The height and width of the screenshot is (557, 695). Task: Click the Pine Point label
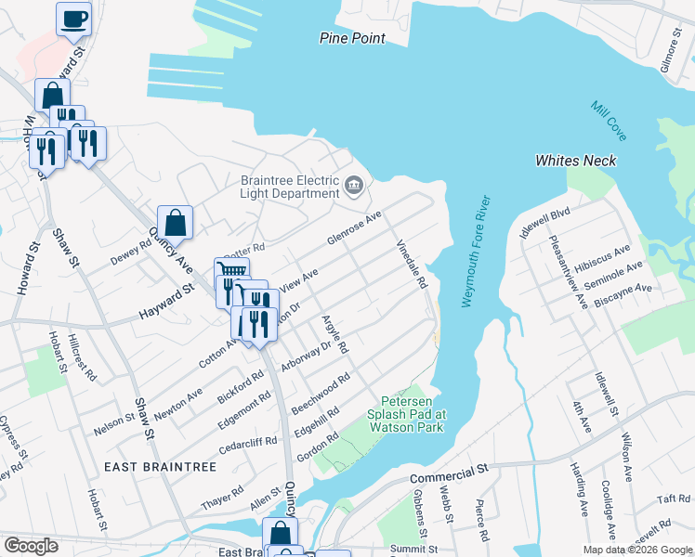pos(351,38)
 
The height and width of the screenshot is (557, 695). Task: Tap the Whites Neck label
pos(575,161)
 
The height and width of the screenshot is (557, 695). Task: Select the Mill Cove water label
pos(609,121)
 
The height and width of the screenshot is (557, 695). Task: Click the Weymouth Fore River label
pos(474,252)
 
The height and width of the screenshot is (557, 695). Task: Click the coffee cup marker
pos(73,18)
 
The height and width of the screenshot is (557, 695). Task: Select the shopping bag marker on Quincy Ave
pos(175,222)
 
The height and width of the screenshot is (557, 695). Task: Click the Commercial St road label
pos(449,475)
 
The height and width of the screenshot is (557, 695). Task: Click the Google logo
pos(31,546)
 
